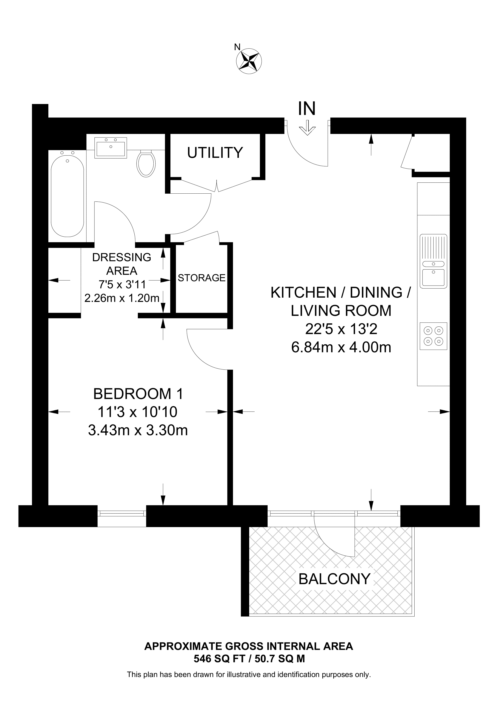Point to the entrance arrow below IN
tap(307, 129)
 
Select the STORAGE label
tap(201, 278)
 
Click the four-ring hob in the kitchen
tap(433, 336)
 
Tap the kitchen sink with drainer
tap(433, 261)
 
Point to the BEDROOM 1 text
tap(138, 394)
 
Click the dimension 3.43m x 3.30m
tap(138, 430)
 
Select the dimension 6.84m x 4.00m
tap(341, 347)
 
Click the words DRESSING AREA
tap(122, 264)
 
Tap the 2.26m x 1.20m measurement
tap(122, 298)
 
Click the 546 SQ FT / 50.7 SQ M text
tap(249, 659)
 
